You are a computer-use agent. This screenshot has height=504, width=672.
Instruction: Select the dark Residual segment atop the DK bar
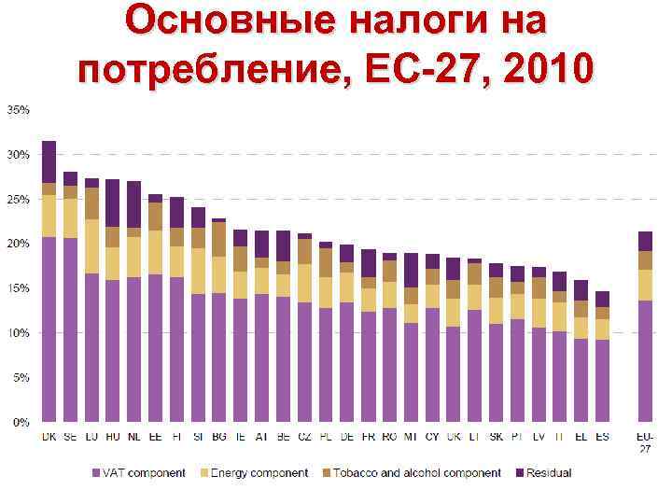49,161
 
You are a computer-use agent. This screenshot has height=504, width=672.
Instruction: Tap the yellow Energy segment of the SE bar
71,218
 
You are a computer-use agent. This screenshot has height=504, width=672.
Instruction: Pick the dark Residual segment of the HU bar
113,203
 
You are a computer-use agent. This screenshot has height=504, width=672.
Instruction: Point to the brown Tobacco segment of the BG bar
218,239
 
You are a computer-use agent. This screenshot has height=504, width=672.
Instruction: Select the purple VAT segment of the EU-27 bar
645,360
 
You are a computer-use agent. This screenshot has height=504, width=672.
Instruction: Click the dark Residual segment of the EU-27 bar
645,241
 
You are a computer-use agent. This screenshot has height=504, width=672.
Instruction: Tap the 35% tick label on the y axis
19,109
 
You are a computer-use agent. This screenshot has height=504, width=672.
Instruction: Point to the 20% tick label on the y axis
19,244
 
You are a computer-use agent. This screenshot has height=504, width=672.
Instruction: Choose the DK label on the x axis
49,437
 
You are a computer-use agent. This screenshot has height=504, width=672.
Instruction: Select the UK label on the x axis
454,437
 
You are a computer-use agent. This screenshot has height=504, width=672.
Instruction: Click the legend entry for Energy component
257,473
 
